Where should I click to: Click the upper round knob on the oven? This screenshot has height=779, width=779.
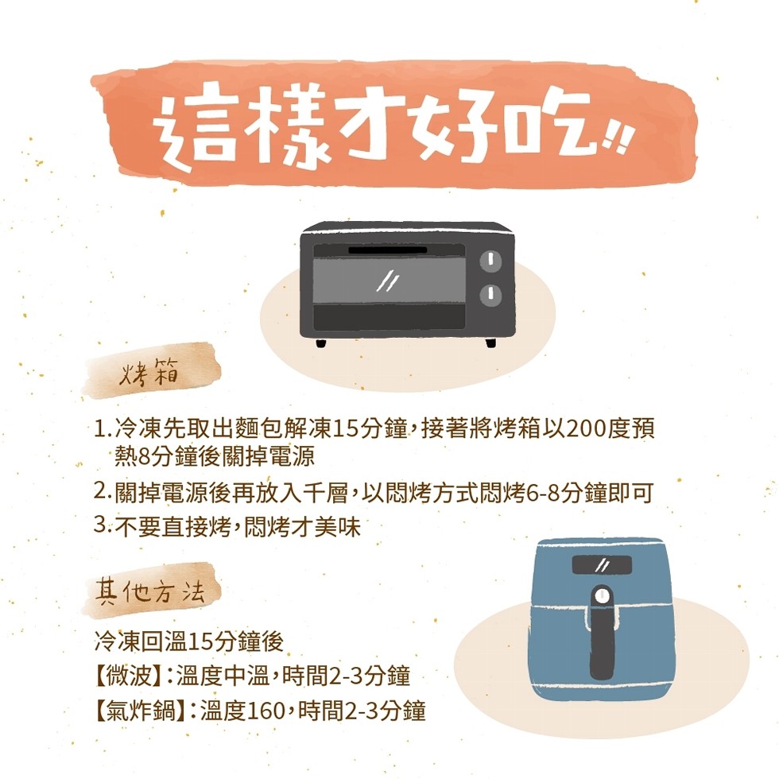(x=490, y=261)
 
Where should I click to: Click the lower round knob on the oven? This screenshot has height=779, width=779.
(x=490, y=295)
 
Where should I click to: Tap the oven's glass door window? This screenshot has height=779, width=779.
(x=389, y=280)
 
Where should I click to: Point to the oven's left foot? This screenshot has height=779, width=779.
(x=321, y=343)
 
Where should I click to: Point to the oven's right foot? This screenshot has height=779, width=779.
(x=491, y=343)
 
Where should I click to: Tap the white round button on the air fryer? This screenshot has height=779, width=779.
(x=603, y=595)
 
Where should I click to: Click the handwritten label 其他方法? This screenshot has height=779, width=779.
(x=150, y=591)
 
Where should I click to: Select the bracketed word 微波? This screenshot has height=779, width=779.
(x=128, y=676)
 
